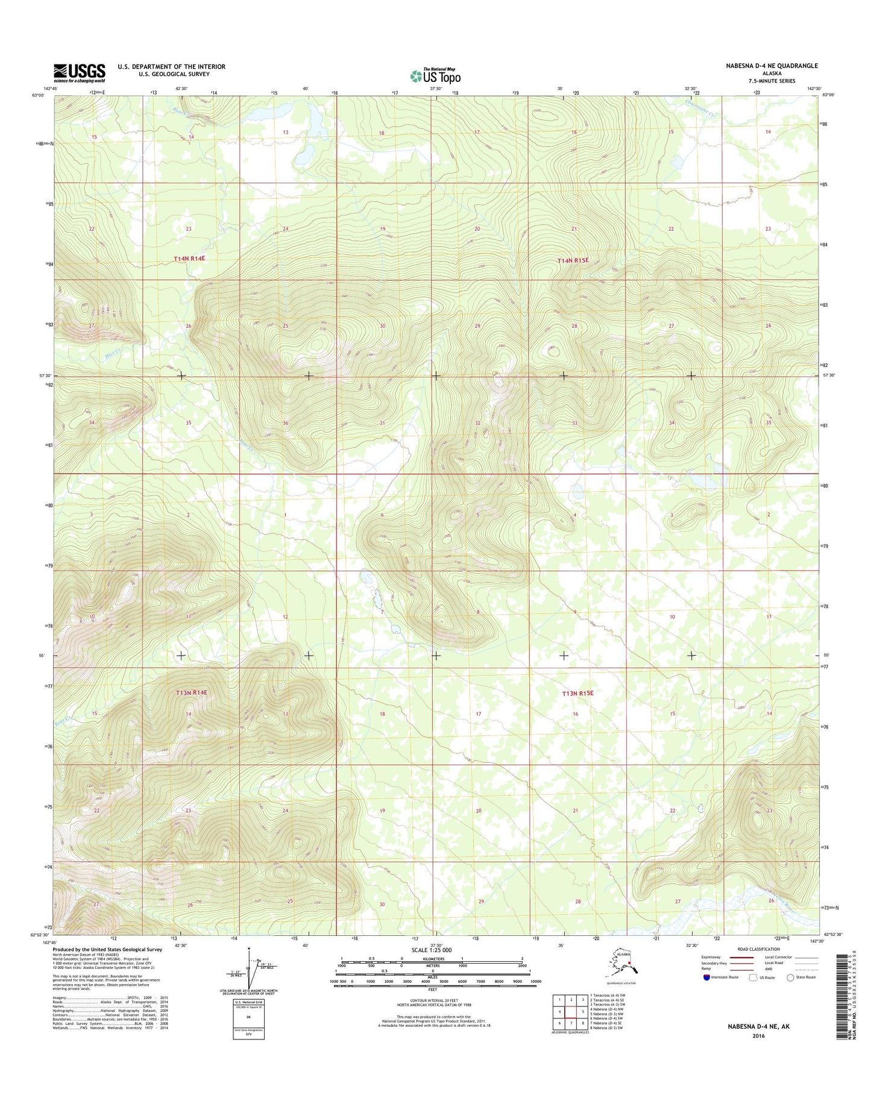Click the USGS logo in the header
[x=80, y=73]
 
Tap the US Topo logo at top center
[x=435, y=76]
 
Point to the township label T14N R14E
[x=190, y=259]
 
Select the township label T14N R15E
[x=573, y=260]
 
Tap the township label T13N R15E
[x=577, y=694]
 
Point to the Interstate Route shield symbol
[x=706, y=977]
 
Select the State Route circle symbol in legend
[x=790, y=977]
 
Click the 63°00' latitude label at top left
[x=38, y=95]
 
